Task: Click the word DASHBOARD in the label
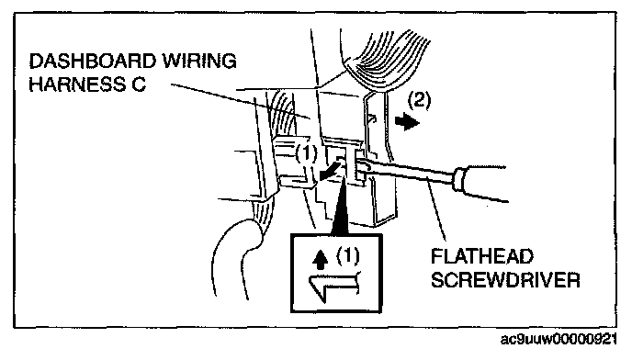click(x=92, y=62)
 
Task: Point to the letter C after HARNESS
click(x=139, y=84)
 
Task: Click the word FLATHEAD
click(x=482, y=256)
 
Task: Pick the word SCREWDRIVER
click(x=505, y=280)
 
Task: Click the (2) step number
click(x=419, y=100)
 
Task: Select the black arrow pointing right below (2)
click(x=407, y=122)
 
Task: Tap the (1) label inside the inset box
click(x=348, y=255)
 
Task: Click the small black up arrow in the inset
click(x=321, y=260)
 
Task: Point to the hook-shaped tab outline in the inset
click(x=333, y=287)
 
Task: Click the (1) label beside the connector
click(x=306, y=153)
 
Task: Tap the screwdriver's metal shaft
click(x=407, y=172)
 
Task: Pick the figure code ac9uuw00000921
click(x=559, y=340)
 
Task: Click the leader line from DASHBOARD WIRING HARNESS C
click(x=241, y=101)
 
